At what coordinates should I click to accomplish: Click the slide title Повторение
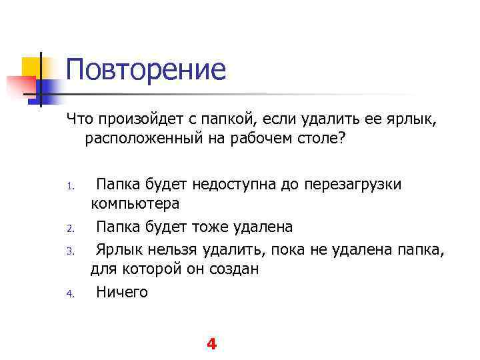pos(146,69)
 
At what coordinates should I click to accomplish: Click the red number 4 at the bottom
pos(211,344)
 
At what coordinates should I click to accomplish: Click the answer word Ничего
pos(122,291)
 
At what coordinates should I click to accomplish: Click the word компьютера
pos(135,204)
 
